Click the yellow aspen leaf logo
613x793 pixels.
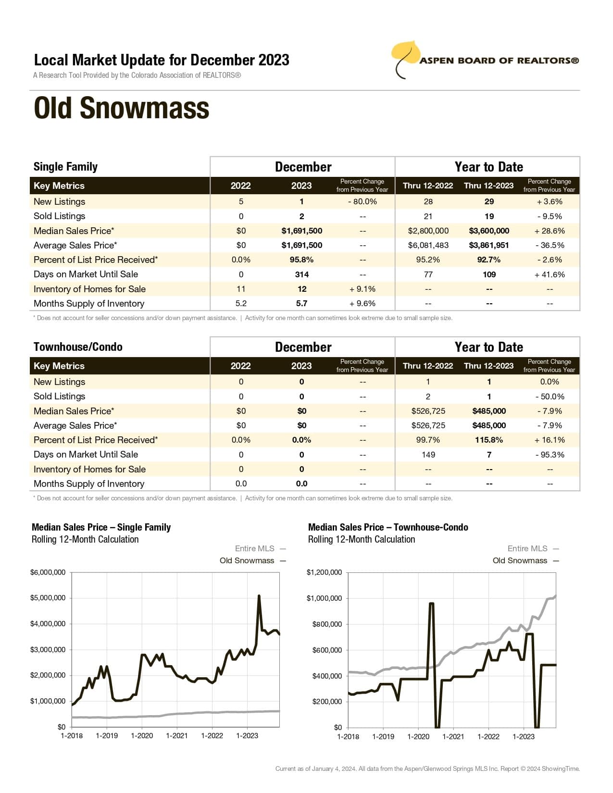405,54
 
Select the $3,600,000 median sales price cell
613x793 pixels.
489,231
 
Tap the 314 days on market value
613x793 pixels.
301,274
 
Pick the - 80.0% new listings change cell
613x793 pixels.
362,201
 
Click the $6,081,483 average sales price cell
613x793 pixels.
428,245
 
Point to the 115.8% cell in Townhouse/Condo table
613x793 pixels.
489,440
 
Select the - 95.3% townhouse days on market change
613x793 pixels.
550,455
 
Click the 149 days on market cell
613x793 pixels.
428,455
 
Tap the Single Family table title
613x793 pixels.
65,167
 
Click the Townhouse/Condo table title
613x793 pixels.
78,347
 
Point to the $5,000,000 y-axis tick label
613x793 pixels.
48,598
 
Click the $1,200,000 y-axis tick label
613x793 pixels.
324,572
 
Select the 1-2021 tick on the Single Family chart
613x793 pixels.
177,736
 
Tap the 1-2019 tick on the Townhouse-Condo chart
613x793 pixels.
383,736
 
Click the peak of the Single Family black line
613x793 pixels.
259,596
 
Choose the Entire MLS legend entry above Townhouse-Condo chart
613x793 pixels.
527,548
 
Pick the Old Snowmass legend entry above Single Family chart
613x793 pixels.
247,560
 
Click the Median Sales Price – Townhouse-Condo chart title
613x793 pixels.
388,527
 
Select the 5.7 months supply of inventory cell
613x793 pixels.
301,303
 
